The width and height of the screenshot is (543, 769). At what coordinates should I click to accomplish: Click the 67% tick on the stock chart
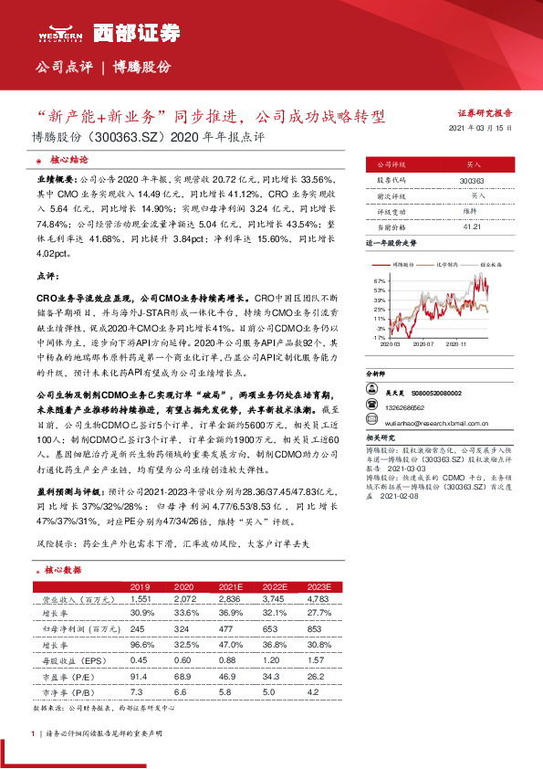pos(379,281)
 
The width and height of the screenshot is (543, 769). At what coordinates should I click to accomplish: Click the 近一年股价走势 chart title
pos(392,245)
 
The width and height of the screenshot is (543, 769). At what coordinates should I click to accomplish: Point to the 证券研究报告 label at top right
pos(484,113)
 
